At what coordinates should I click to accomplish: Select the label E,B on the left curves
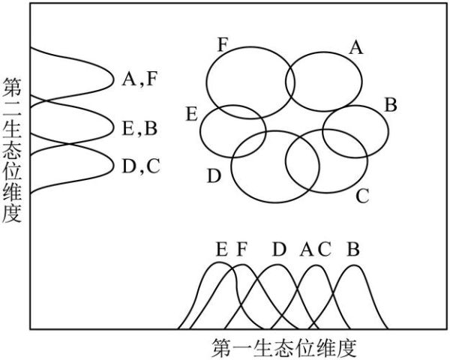139,127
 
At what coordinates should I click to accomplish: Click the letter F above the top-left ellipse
222,43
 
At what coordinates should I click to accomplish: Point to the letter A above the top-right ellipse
357,48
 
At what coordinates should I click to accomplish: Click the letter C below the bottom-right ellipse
362,197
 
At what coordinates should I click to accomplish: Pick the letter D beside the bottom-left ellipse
214,176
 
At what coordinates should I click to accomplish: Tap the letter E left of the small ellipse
192,114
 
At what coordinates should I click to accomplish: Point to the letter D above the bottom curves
279,249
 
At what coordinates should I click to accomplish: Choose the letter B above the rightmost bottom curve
352,249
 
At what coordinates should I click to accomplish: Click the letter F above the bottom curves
241,249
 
